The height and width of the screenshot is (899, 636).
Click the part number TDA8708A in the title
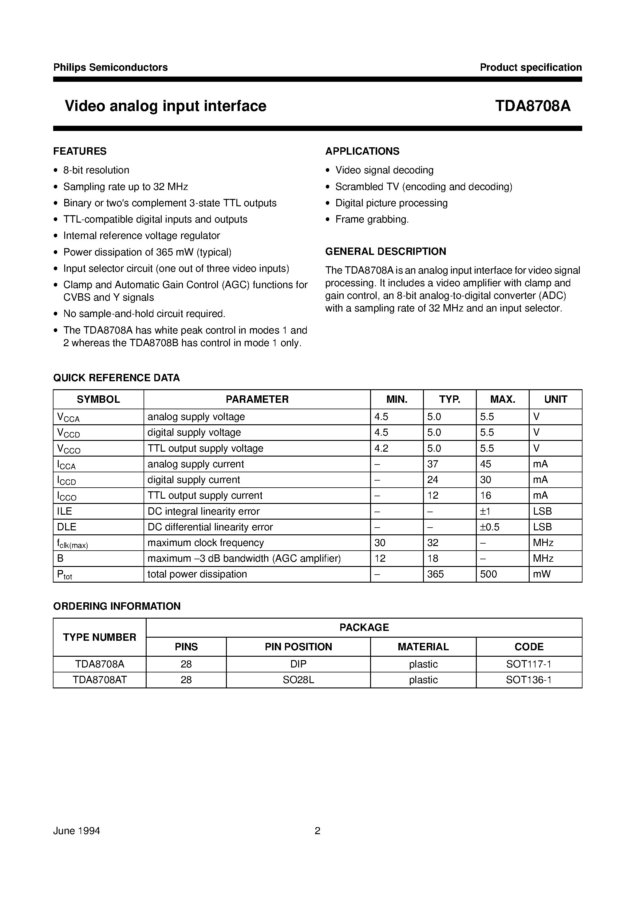(533, 106)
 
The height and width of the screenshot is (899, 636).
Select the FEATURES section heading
(80, 151)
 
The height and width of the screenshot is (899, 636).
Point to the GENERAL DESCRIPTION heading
(385, 251)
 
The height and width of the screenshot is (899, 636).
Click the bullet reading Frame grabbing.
(372, 219)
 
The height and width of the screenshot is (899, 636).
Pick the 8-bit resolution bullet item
(96, 170)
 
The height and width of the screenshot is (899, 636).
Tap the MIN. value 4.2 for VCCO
(381, 448)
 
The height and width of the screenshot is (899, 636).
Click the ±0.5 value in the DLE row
(490, 527)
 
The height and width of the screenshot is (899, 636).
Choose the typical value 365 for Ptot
(436, 574)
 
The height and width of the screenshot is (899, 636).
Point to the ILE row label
(65, 511)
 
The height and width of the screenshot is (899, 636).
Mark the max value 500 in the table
(488, 574)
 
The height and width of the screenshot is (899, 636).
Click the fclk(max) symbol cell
(73, 543)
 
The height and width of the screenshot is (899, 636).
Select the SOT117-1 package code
(529, 664)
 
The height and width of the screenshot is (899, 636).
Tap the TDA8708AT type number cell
(100, 680)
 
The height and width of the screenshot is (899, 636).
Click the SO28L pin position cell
(298, 680)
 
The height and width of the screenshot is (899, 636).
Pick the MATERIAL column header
(423, 647)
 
